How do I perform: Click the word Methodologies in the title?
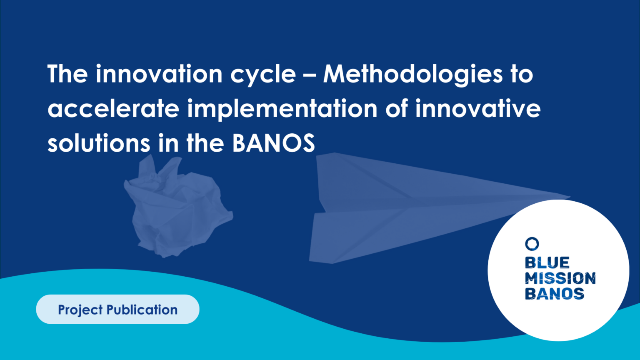pyautogui.click(x=413, y=75)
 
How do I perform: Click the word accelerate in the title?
pyautogui.click(x=113, y=109)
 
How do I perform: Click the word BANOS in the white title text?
pyautogui.click(x=273, y=143)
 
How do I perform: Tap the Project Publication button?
pyautogui.click(x=117, y=310)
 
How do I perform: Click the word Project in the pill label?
pyautogui.click(x=80, y=310)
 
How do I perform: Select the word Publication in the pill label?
pyautogui.click(x=142, y=310)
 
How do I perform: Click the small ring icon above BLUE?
pyautogui.click(x=532, y=244)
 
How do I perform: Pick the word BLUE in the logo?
pyautogui.click(x=547, y=262)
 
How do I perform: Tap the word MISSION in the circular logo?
pyautogui.click(x=560, y=278)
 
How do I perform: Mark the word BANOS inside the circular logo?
pyautogui.click(x=554, y=293)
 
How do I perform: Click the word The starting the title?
pyautogui.click(x=67, y=74)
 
